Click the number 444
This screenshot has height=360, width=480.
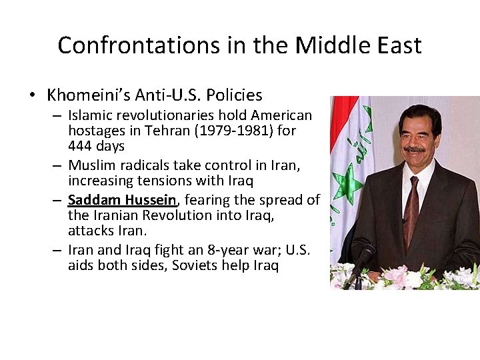81,145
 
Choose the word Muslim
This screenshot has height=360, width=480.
91,165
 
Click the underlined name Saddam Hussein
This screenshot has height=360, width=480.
123,201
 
